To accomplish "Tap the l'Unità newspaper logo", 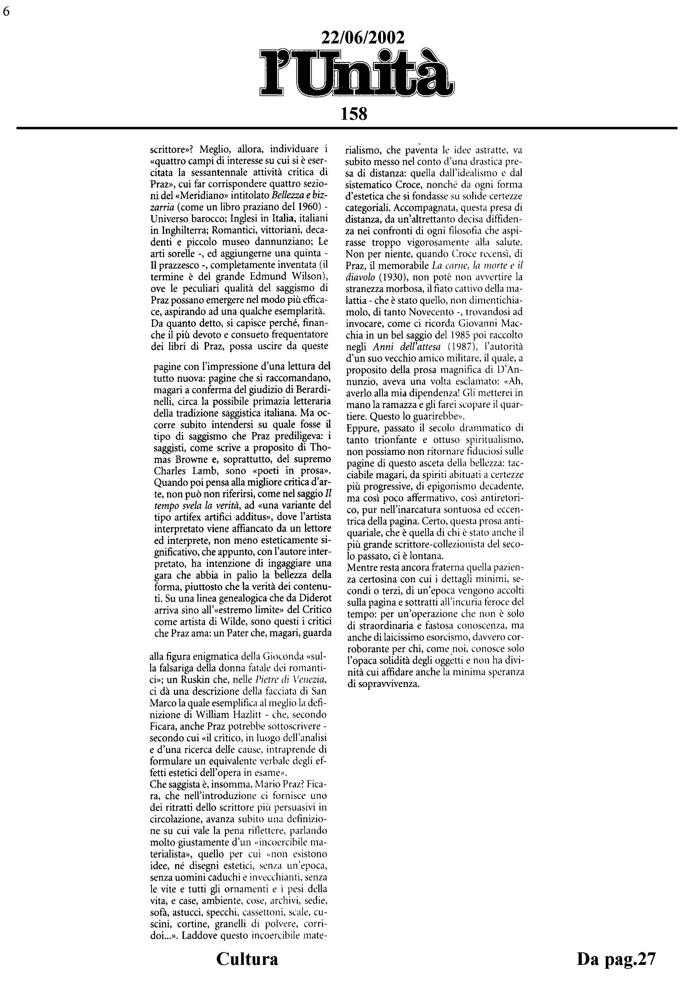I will [x=356, y=74].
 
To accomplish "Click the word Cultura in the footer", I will [x=247, y=958].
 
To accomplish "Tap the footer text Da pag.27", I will [x=616, y=958].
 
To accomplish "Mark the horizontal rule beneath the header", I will [x=347, y=128].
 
